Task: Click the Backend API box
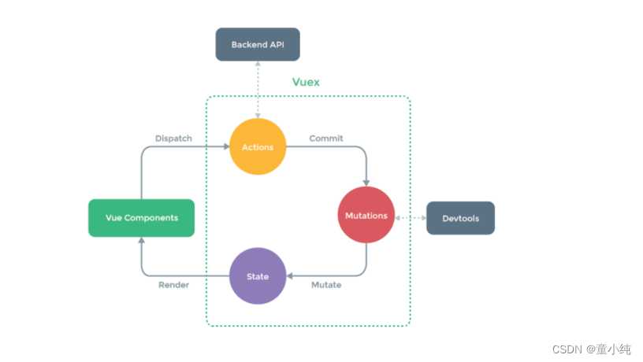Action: pos(257,45)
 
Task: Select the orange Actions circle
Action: pos(257,147)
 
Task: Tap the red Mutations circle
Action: pos(366,215)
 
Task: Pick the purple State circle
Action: pos(257,276)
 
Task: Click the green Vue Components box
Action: pos(141,217)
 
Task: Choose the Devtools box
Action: pos(460,218)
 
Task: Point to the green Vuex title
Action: pos(306,82)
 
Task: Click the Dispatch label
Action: pos(173,139)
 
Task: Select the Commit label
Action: pos(325,139)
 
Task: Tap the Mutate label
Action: pos(325,285)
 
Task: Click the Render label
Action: pos(173,285)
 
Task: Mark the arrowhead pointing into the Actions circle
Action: pos(225,147)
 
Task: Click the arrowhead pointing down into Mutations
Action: pos(366,183)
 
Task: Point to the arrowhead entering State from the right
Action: pos(289,276)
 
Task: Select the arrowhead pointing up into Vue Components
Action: pos(142,242)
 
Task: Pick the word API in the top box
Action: pos(276,45)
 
